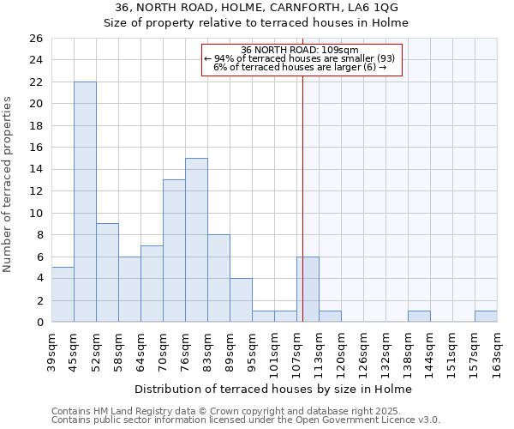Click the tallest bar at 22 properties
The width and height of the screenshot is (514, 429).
(85, 202)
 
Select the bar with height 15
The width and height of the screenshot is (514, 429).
(196, 240)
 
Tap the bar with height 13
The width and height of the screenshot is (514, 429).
(174, 251)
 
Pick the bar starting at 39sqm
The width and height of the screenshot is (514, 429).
(63, 294)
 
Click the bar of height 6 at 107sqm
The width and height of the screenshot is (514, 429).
(308, 289)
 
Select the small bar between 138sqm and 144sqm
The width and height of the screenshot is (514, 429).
(419, 317)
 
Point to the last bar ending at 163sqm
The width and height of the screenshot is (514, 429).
(486, 317)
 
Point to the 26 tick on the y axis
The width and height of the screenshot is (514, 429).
(35, 39)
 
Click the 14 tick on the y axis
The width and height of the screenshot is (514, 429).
(35, 170)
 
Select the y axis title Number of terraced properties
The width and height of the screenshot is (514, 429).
(9, 184)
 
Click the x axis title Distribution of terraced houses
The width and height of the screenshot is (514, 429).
(273, 389)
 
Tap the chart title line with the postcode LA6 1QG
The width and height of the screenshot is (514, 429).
(256, 8)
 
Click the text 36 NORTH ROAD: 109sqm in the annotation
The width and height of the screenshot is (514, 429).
(300, 50)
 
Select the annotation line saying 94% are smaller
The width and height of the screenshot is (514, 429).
(300, 58)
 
